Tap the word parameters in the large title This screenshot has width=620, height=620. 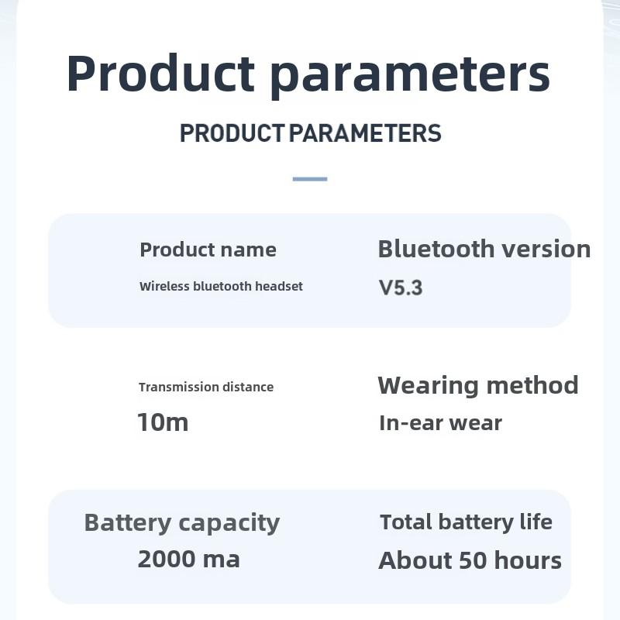[x=410, y=75]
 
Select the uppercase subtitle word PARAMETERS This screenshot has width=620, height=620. [x=365, y=133]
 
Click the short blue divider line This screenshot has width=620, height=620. [x=310, y=179]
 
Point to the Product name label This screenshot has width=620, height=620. [x=208, y=250]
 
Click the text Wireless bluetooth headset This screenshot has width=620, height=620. [x=221, y=286]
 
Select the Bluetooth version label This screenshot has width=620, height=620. [x=484, y=249]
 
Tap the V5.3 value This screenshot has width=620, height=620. [x=401, y=288]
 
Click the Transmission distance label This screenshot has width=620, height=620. [x=206, y=387]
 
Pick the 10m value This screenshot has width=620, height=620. [x=163, y=422]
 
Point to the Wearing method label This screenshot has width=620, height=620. [x=477, y=385]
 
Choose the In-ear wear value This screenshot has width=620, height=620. [x=440, y=423]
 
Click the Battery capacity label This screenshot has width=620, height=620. [x=181, y=522]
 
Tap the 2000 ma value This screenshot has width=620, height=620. [x=188, y=559]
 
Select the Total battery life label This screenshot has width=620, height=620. [x=466, y=522]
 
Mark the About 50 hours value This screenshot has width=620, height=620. [x=470, y=560]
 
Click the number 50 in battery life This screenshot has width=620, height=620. [x=472, y=560]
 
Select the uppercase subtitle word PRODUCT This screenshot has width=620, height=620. [x=232, y=133]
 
